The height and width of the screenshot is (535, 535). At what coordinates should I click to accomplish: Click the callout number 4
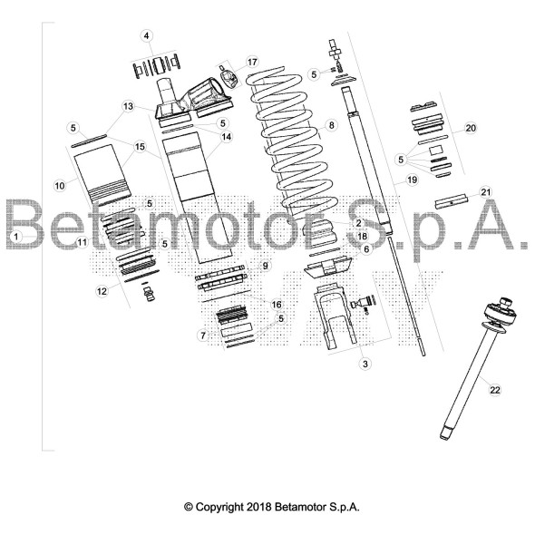(146, 35)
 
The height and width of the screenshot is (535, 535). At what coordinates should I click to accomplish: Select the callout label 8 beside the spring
(332, 124)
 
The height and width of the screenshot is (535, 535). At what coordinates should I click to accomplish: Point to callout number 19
(412, 181)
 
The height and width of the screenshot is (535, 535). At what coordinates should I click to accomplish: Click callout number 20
(471, 128)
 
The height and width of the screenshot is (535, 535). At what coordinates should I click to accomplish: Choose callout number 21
(485, 192)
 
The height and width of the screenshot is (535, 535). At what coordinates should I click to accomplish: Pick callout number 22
(495, 390)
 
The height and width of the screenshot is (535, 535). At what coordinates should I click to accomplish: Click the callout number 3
(365, 364)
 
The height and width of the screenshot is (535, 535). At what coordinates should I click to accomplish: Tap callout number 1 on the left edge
(15, 236)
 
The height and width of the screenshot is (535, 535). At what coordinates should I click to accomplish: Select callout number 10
(60, 185)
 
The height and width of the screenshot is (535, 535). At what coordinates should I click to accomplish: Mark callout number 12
(102, 291)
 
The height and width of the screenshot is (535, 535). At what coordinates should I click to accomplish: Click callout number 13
(129, 106)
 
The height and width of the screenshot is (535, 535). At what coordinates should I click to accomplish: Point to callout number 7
(203, 336)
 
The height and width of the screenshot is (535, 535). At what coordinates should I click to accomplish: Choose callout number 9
(266, 266)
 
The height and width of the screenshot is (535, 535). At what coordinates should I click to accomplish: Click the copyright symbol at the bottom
(189, 507)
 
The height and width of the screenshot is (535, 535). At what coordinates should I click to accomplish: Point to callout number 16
(277, 304)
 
